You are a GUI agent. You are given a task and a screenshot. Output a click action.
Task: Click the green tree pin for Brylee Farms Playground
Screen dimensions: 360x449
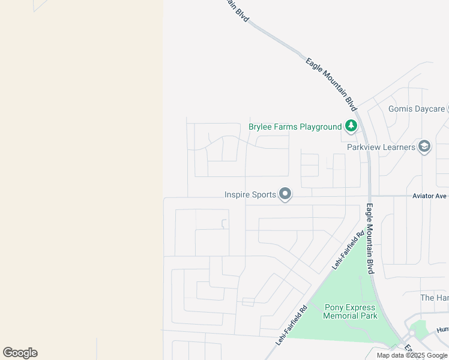pyautogui.click(x=351, y=126)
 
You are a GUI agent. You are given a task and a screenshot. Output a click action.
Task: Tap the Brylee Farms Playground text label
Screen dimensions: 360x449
pyautogui.click(x=295, y=127)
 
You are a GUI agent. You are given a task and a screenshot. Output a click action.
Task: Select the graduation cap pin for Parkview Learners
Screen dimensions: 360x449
pyautogui.click(x=424, y=146)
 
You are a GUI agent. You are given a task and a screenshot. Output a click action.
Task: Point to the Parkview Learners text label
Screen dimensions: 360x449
pyautogui.click(x=381, y=147)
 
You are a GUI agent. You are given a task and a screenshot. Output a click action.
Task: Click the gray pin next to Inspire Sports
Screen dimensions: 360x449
pyautogui.click(x=286, y=194)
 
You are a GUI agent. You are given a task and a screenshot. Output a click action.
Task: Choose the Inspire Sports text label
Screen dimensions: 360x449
pyautogui.click(x=250, y=194)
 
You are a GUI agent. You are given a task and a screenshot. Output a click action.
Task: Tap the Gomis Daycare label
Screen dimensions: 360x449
pyautogui.click(x=417, y=109)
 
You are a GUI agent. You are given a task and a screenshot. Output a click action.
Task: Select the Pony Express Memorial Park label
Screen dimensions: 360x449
pyautogui.click(x=350, y=311)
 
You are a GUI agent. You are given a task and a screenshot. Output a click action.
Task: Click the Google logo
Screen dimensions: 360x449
pyautogui.click(x=20, y=353)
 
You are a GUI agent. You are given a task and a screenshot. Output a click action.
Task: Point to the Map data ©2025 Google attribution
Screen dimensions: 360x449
pyautogui.click(x=412, y=356)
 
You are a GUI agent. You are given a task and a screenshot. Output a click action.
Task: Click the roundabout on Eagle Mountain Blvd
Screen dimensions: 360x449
pyautogui.click(x=412, y=334)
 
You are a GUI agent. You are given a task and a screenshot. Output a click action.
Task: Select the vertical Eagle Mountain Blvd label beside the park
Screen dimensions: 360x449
pyautogui.click(x=370, y=239)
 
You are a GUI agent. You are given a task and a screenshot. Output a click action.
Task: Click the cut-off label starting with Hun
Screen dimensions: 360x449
pyautogui.click(x=442, y=329)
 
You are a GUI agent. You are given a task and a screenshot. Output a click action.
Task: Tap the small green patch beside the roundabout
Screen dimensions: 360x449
pyautogui.click(x=420, y=327)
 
